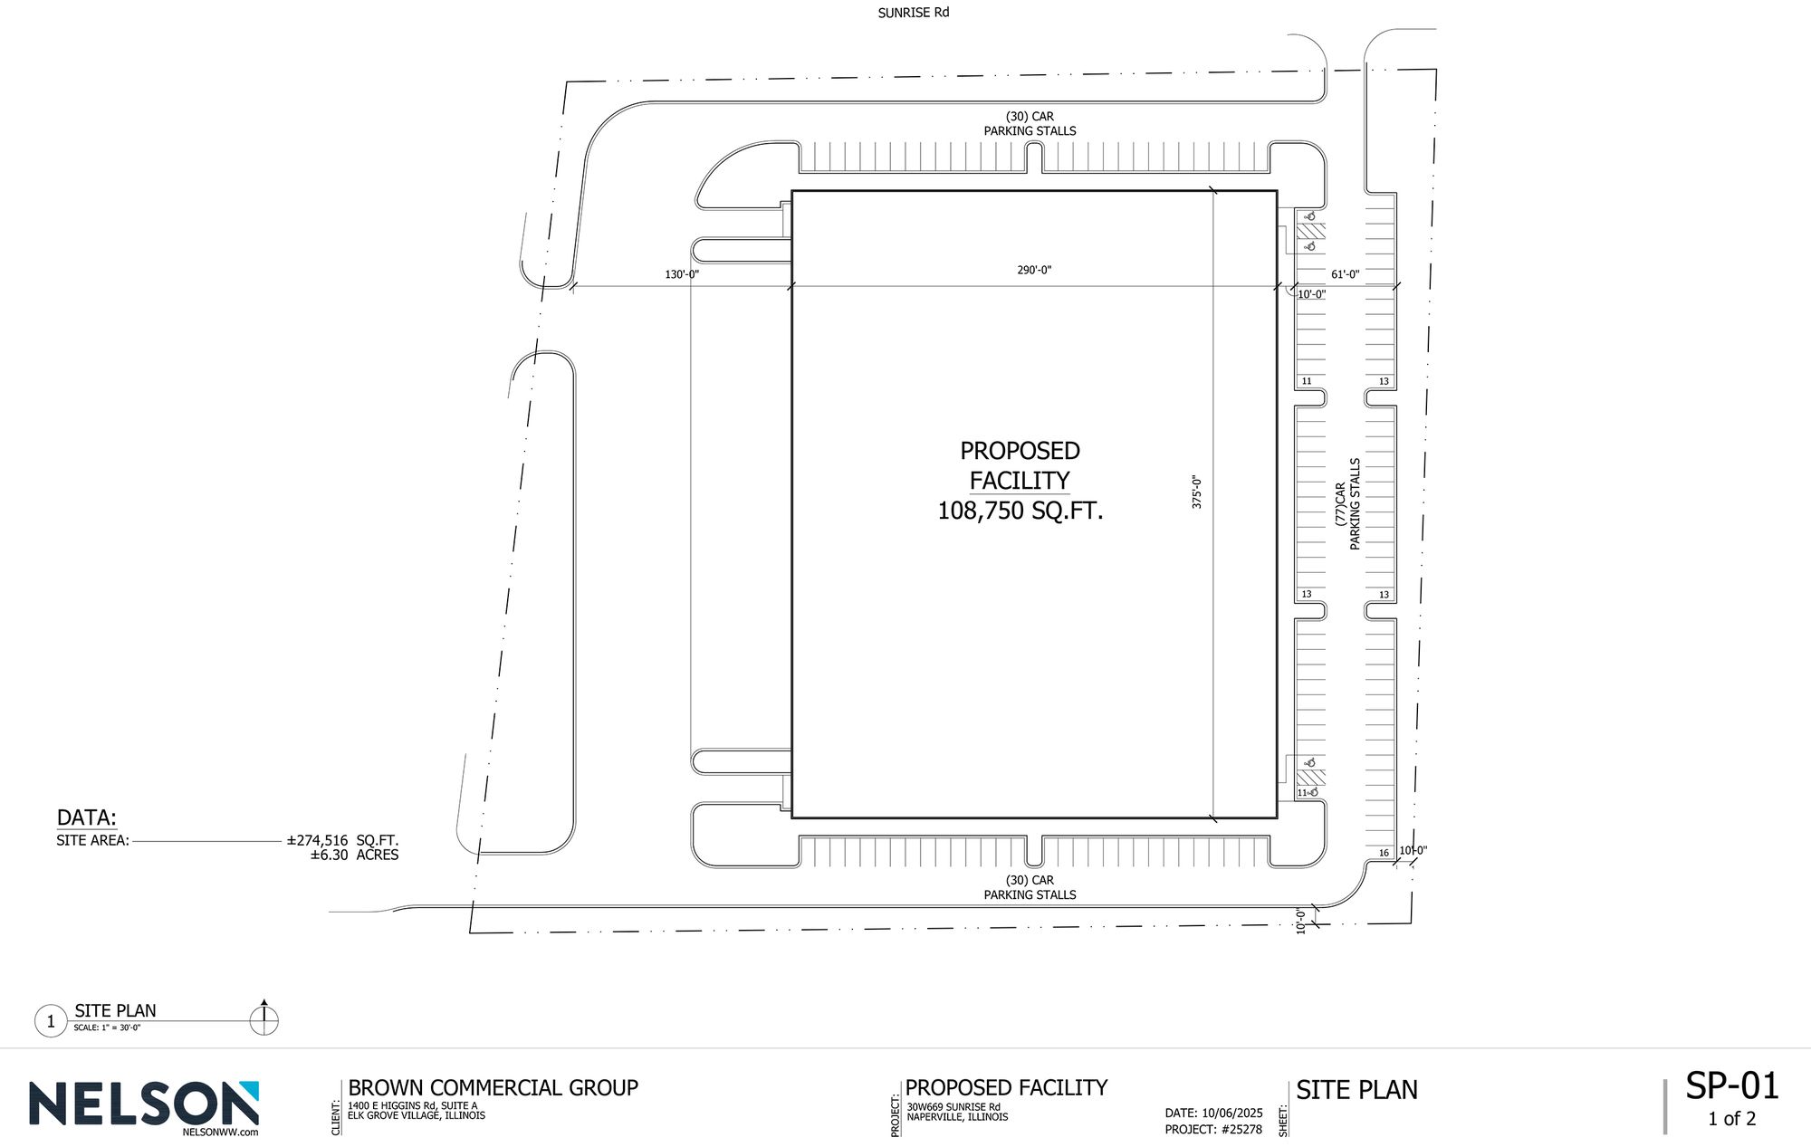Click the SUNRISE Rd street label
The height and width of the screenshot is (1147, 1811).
pos(913,14)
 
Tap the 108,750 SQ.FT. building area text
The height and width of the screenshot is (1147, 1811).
pos(1020,511)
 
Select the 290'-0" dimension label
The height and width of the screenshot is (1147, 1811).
pos(1034,270)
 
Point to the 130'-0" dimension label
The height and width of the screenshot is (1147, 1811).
pos(682,273)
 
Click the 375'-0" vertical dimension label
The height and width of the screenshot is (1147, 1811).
pos(1196,492)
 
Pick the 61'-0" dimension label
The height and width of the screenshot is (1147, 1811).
pos(1346,274)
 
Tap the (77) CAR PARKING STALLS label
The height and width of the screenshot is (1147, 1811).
pos(1347,503)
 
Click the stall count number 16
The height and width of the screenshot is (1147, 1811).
pos(1384,853)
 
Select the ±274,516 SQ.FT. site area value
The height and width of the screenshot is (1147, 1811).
pos(342,840)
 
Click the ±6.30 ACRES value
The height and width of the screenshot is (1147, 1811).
pos(354,855)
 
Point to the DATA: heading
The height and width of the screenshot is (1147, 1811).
pos(87,817)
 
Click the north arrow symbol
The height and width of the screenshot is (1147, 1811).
pos(264,1018)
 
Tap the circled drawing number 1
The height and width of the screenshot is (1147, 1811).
pos(51,1022)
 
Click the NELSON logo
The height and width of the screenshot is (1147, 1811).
pos(144,1106)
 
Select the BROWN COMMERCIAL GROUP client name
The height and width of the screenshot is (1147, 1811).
pos(493,1088)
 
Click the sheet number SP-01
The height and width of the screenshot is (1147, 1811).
pos(1732,1086)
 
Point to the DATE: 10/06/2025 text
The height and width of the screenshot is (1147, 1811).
pos(1213,1114)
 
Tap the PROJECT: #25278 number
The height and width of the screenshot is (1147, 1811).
pos(1213,1130)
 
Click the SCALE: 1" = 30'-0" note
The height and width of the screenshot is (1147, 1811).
pos(107,1028)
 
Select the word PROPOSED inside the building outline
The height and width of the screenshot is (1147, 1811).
pos(1020,451)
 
